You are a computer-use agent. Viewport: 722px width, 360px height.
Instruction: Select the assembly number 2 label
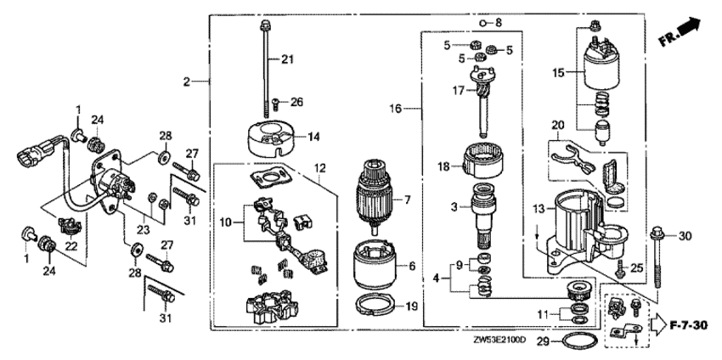(x=185, y=82)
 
